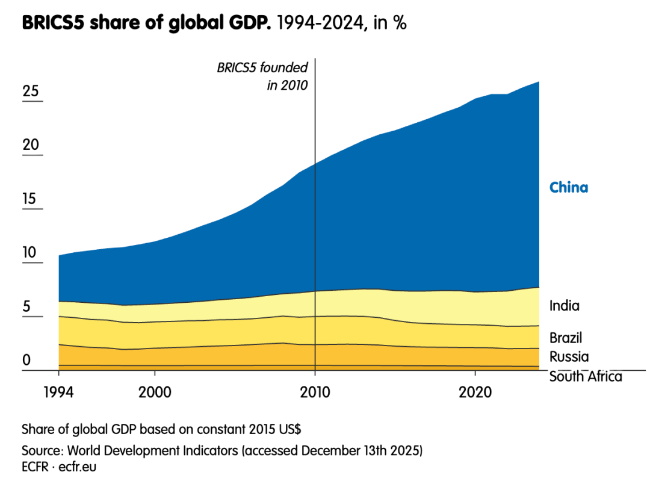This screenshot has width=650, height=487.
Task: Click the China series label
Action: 569,187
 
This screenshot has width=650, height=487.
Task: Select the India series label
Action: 565,306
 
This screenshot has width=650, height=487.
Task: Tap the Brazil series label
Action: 566,337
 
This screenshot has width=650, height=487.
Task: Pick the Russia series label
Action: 569,356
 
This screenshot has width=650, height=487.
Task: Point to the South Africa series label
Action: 586,377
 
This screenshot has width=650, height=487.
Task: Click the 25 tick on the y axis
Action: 31,92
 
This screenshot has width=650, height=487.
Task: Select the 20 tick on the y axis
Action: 31,145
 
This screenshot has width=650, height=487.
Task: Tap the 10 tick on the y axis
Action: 30,253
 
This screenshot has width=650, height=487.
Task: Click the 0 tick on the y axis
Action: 26,361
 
